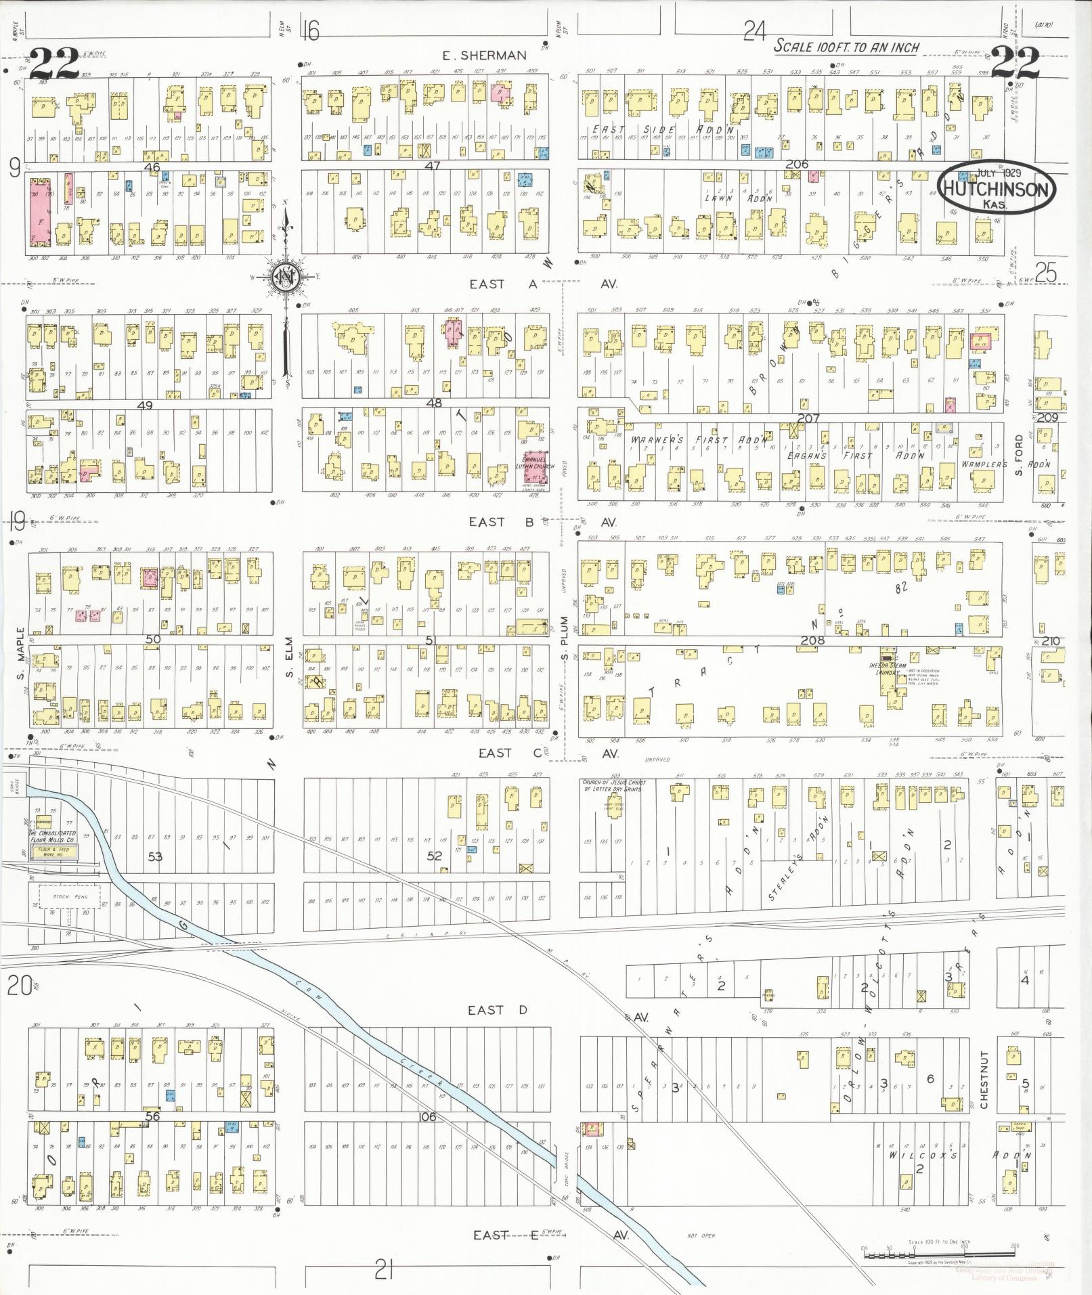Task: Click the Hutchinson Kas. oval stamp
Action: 997,188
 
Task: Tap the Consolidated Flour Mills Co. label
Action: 52,836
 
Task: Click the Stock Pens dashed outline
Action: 70,897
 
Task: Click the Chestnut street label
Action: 984,1090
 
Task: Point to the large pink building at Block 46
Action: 40,212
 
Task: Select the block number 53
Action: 156,856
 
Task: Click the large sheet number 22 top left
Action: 54,64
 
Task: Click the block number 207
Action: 808,418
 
